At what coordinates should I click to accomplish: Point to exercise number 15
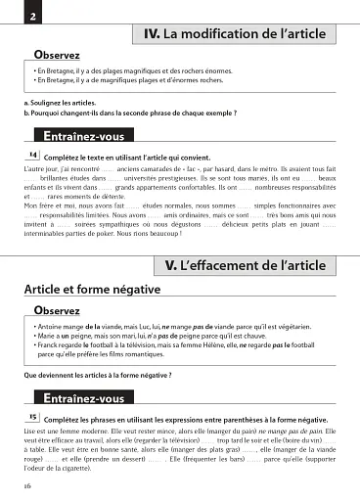point(32,415)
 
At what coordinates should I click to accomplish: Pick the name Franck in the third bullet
point(49,345)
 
